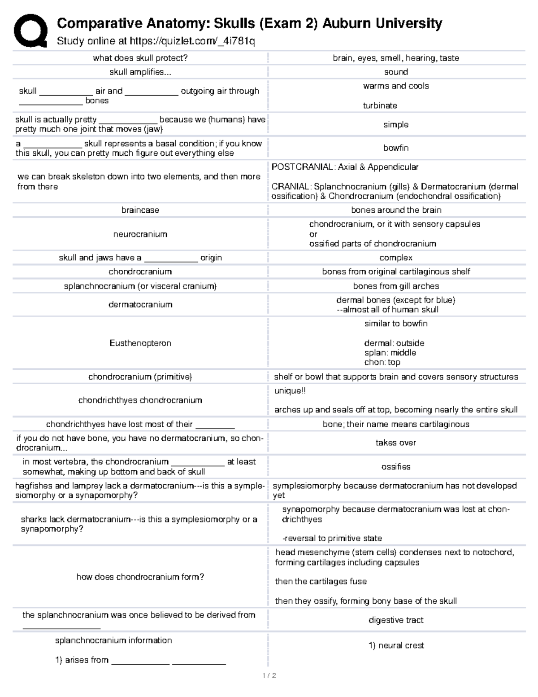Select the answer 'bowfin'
pyautogui.click(x=395, y=148)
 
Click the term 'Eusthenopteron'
pyautogui.click(x=140, y=343)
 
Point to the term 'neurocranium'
pyautogui.click(x=140, y=234)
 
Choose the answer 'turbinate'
pyautogui.click(x=380, y=105)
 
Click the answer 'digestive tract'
pyautogui.click(x=395, y=620)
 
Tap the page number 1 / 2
pyautogui.click(x=269, y=675)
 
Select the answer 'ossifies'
pyautogui.click(x=395, y=466)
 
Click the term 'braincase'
pyautogui.click(x=140, y=210)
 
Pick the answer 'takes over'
pyautogui.click(x=395, y=443)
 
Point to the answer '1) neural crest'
pyautogui.click(x=396, y=645)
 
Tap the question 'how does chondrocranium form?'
pyautogui.click(x=140, y=577)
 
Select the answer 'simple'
pyautogui.click(x=395, y=124)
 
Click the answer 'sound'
pyautogui.click(x=395, y=72)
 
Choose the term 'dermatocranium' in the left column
pyautogui.click(x=140, y=304)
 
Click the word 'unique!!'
pyautogui.click(x=290, y=390)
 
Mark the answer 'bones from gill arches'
pyautogui.click(x=395, y=286)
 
